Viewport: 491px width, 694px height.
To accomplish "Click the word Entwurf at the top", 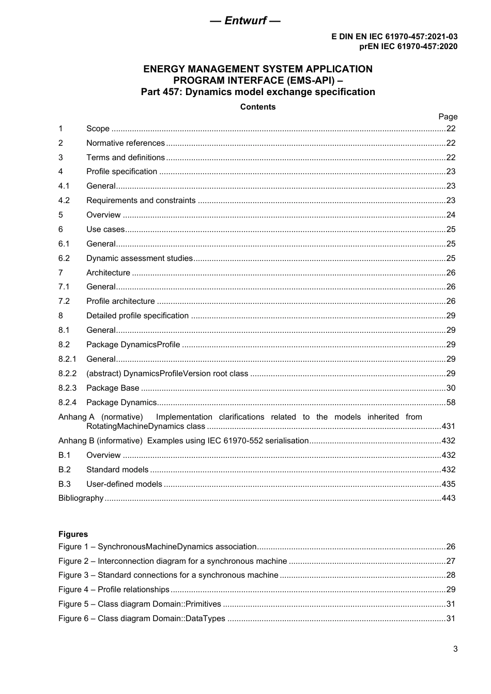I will [x=245, y=21].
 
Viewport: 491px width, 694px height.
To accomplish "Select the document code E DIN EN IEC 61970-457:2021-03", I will [x=394, y=37].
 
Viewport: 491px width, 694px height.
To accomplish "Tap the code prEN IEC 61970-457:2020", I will [x=408, y=46].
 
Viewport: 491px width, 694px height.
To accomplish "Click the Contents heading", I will [x=258, y=107].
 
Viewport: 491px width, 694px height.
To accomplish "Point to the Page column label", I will [x=448, y=117].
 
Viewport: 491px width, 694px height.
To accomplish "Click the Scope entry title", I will [x=98, y=129].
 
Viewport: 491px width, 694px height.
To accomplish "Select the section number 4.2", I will [x=64, y=201].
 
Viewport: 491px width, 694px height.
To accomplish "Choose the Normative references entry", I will [x=125, y=143].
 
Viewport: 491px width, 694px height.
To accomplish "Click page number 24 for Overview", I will [x=451, y=215].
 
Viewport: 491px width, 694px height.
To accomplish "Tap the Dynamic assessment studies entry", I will [x=139, y=258].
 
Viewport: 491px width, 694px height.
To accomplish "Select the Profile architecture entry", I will [x=120, y=301].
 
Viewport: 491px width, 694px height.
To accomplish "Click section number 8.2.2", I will [x=67, y=374].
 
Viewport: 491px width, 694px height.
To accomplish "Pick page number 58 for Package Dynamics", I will [x=451, y=403].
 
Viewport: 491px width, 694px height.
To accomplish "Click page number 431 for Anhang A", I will [x=448, y=426].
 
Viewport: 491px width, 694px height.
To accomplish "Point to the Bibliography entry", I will [x=81, y=498].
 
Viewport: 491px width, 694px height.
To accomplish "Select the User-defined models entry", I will [x=124, y=484].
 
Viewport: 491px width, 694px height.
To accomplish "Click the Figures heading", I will [x=73, y=534].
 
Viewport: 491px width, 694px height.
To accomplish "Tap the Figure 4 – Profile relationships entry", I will [x=114, y=590].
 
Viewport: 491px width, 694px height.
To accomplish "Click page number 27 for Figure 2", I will [x=451, y=561].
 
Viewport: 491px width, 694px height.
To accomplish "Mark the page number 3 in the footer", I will [x=455, y=649].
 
